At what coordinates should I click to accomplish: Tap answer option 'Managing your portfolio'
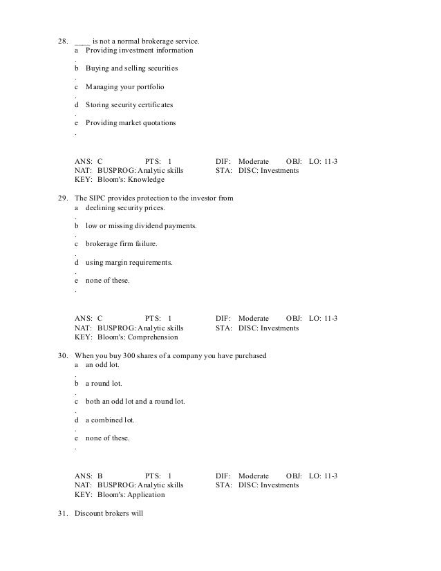click(125, 87)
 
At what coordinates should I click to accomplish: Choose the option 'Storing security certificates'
click(129, 105)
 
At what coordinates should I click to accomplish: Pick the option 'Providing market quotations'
click(131, 123)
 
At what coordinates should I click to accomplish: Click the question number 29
click(61, 199)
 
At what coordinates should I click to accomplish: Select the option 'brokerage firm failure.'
click(122, 244)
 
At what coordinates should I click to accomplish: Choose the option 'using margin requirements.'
click(129, 263)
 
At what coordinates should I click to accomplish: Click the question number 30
click(61, 356)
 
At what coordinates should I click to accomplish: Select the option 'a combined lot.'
click(110, 420)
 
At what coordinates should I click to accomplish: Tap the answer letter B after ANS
click(100, 476)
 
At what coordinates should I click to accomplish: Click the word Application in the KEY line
click(146, 495)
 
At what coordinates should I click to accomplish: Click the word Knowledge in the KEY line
click(146, 180)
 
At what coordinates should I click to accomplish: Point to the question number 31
click(61, 514)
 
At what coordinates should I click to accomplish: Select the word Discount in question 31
click(89, 514)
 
